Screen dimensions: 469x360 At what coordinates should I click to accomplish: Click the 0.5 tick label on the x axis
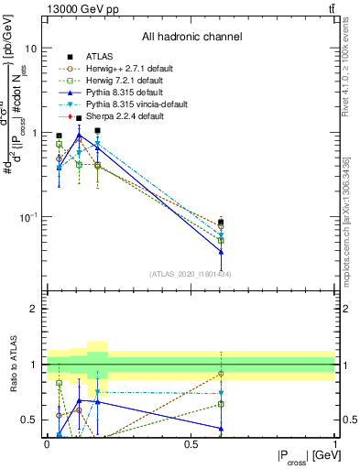191,442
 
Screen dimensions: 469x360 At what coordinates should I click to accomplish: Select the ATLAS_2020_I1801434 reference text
191,274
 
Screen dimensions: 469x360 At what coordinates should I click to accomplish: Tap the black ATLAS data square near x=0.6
221,223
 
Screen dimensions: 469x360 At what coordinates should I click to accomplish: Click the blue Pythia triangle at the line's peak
80,135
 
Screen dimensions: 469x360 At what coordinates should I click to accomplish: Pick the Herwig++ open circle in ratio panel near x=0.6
221,374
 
